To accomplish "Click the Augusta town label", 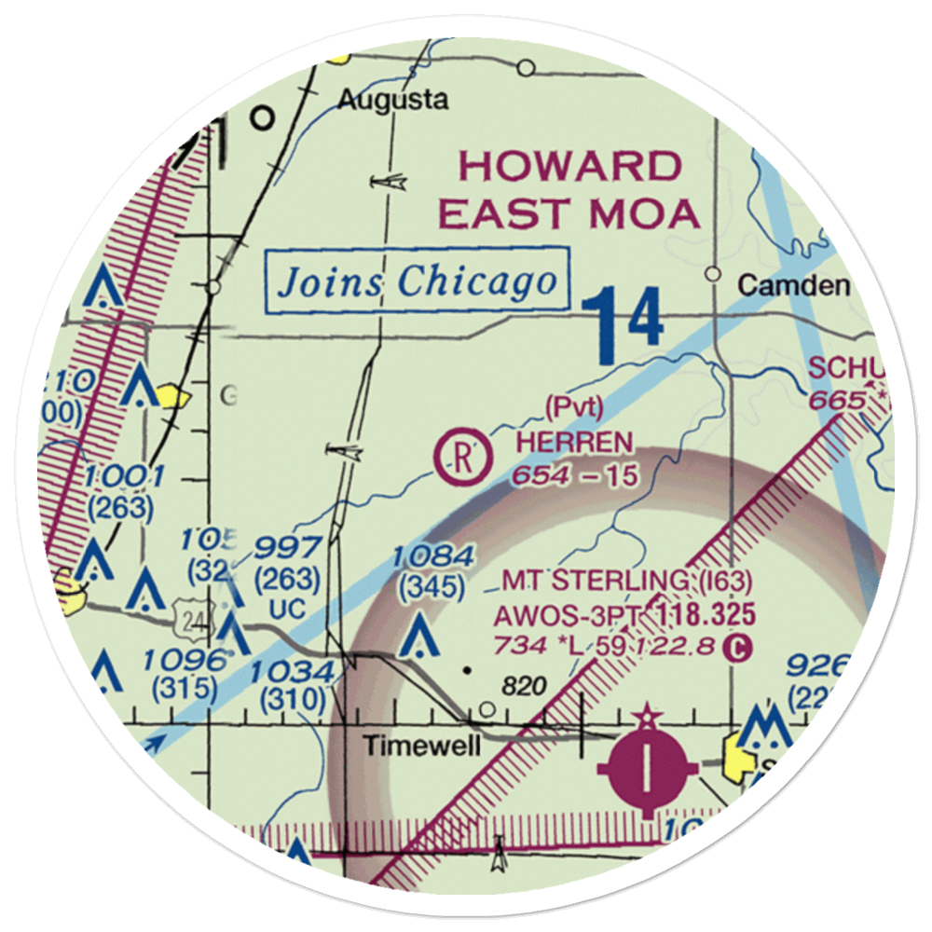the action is click(x=391, y=100).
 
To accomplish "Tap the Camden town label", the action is click(x=793, y=285).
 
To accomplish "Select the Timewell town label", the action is click(x=422, y=746).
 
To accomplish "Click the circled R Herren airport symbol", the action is click(x=464, y=457).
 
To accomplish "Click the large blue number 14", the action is click(x=624, y=325).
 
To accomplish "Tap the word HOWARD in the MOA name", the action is click(x=569, y=167).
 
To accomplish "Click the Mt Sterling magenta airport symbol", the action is click(x=646, y=767).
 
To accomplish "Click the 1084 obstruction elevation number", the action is click(x=432, y=557).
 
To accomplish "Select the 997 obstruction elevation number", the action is click(x=291, y=549).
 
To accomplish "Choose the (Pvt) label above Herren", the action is click(x=575, y=407).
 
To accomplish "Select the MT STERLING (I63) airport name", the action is click(x=626, y=582).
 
